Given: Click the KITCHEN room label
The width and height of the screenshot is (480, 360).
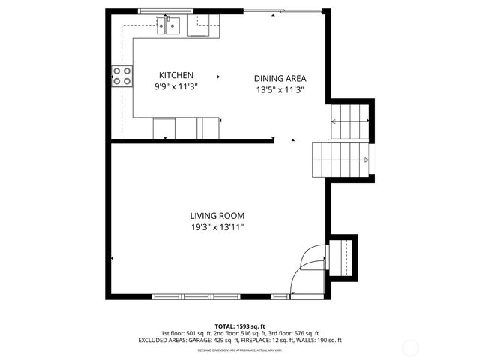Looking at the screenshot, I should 176,75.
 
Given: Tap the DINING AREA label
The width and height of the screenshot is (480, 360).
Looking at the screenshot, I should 280,78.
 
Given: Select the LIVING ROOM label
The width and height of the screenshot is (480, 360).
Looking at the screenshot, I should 217,215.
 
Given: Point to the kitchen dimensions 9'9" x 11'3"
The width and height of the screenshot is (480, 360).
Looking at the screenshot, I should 176,86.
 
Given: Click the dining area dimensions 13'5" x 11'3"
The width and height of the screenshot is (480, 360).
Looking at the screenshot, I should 280,89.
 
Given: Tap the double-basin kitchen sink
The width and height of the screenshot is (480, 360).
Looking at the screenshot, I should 169,28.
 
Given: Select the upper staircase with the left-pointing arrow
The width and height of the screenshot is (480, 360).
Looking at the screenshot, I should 351,116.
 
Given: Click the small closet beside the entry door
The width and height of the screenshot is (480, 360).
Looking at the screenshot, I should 344,256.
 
